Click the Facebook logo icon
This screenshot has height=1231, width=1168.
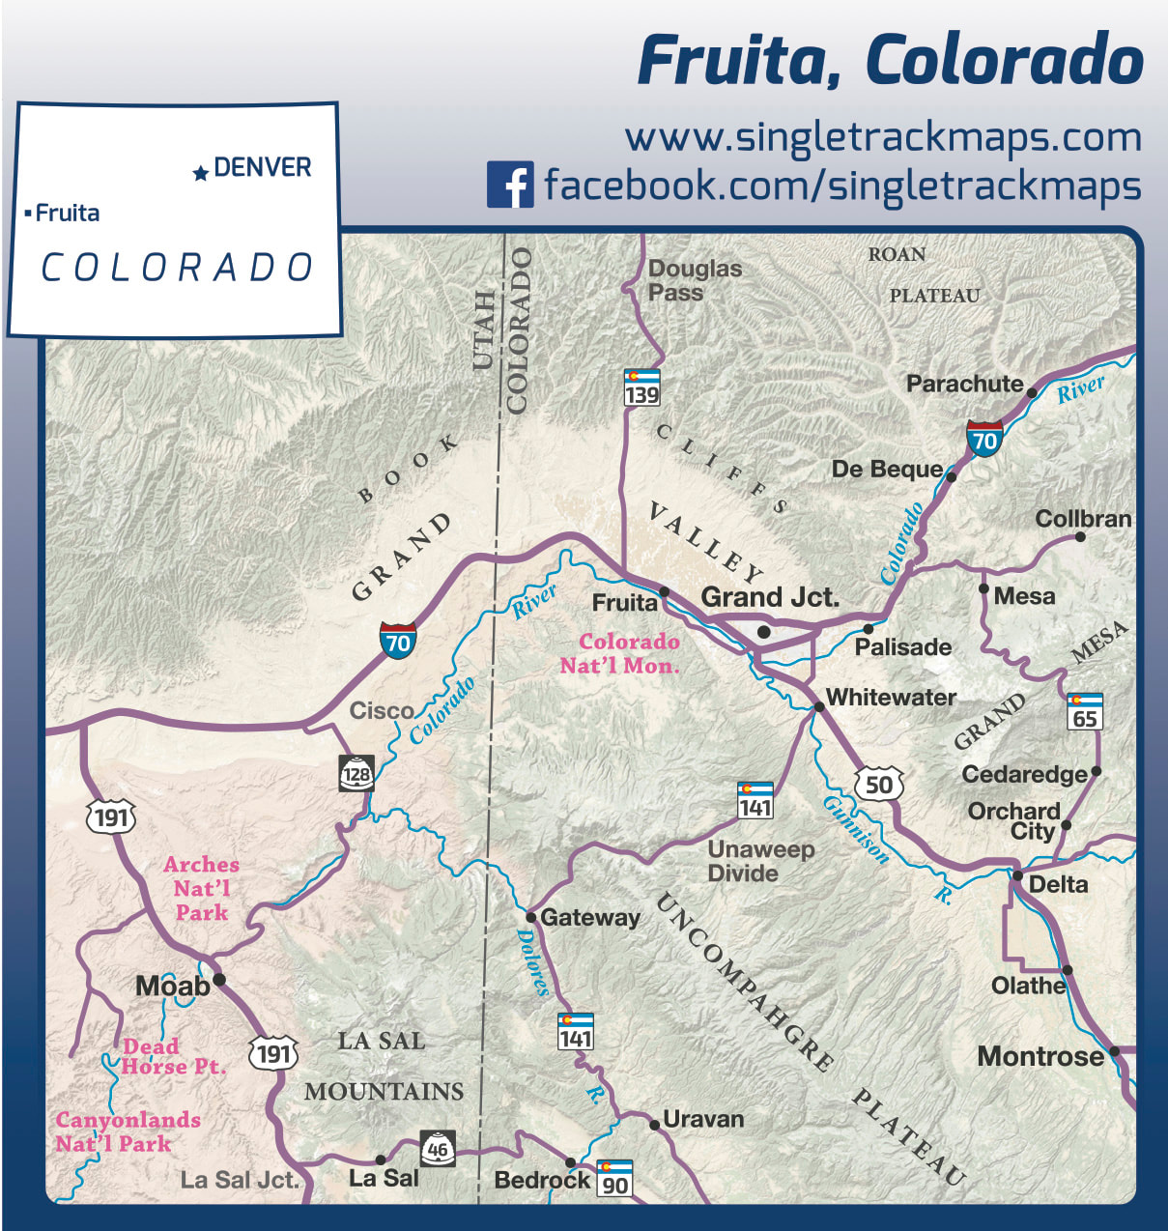[510, 184]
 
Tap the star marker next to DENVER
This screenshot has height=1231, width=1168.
[200, 173]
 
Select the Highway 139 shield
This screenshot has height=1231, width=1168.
[641, 386]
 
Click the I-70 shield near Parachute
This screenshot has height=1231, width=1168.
[983, 439]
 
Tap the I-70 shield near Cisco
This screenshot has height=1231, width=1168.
[397, 640]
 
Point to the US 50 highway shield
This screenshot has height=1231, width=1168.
[878, 784]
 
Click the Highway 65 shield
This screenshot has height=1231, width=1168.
[1085, 711]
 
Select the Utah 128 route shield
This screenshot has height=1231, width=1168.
[356, 773]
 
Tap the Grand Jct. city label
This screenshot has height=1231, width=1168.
[770, 597]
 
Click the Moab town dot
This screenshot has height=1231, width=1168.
[219, 979]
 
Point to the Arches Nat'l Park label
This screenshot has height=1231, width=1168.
[201, 888]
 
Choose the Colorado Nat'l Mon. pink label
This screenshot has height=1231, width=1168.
[620, 653]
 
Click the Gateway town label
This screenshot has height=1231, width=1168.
[589, 917]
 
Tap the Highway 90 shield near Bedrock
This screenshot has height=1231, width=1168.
[614, 1178]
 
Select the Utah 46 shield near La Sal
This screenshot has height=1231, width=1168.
[438, 1147]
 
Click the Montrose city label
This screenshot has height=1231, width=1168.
[1040, 1056]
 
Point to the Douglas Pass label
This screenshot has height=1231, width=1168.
[695, 280]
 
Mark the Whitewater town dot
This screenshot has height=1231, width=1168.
[818, 706]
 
